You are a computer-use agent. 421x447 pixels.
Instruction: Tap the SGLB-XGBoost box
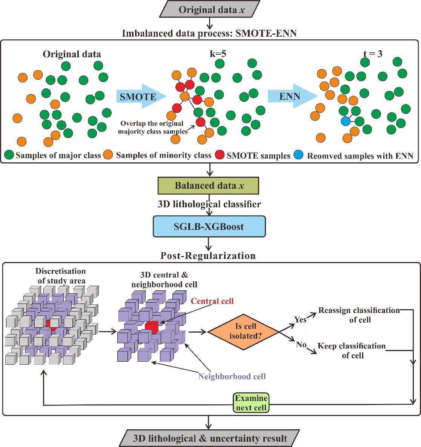(x=209, y=227)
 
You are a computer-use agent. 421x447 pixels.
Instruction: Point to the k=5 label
(x=218, y=54)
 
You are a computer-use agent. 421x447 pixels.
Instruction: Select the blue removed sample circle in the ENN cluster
(x=346, y=121)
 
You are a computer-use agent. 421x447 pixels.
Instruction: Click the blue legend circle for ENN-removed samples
(x=299, y=155)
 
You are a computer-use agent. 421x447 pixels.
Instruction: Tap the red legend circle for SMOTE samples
(x=220, y=155)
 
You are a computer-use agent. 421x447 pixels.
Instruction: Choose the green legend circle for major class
(x=9, y=155)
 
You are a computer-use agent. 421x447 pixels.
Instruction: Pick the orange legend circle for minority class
(x=109, y=155)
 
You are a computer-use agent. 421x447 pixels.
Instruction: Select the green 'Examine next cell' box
(x=251, y=403)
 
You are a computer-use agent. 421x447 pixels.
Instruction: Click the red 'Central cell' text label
(x=212, y=301)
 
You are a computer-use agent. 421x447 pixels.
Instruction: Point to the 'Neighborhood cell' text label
(x=232, y=376)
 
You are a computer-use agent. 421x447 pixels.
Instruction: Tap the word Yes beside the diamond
(x=300, y=319)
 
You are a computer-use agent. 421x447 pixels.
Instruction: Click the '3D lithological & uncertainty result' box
(x=210, y=438)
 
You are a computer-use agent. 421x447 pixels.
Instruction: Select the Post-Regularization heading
(x=208, y=256)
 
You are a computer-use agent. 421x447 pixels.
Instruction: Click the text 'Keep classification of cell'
(x=352, y=350)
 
